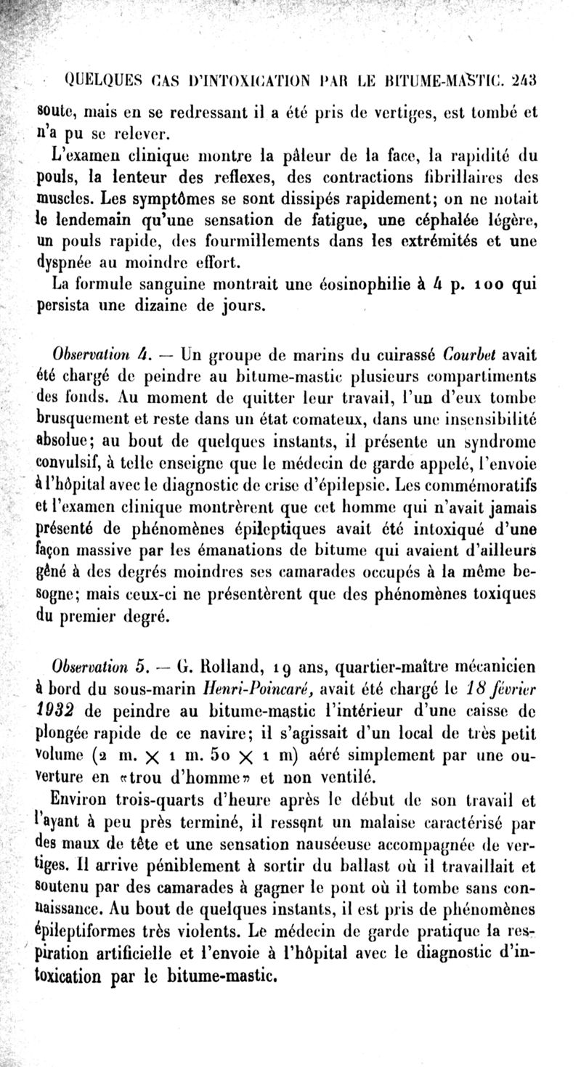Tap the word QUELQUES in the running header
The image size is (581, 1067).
[x=98, y=79]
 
